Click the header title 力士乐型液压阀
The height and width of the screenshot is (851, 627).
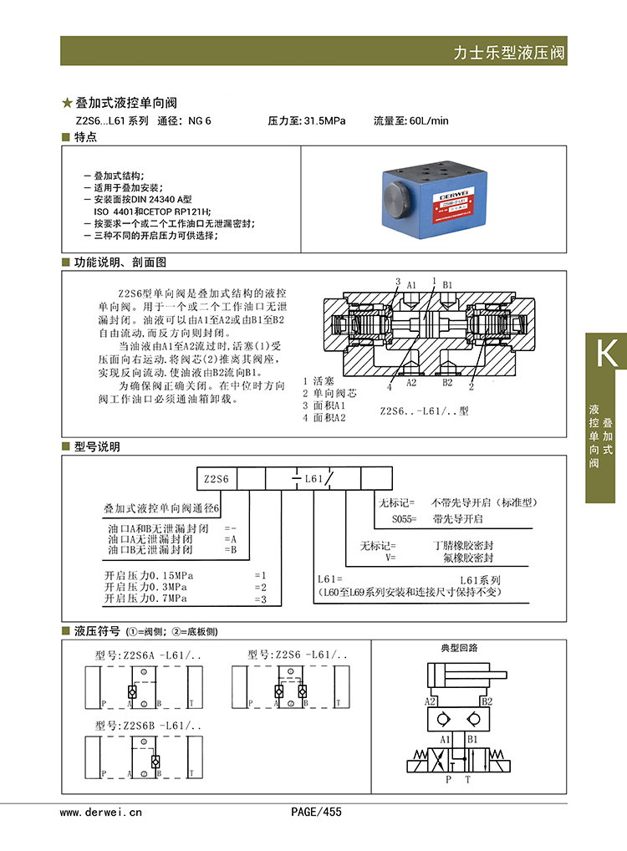point(509,53)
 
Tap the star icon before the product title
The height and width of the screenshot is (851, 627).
point(68,104)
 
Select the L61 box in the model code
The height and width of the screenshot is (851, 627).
point(313,479)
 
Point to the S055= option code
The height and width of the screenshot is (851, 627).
point(404,519)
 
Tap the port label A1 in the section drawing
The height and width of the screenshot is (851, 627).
point(411,285)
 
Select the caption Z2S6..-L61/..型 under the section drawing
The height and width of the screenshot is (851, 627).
point(425,411)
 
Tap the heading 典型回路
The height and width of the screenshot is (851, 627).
point(460,648)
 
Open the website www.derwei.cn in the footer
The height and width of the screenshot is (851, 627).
point(101,812)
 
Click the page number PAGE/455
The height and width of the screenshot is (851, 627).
point(316,812)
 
